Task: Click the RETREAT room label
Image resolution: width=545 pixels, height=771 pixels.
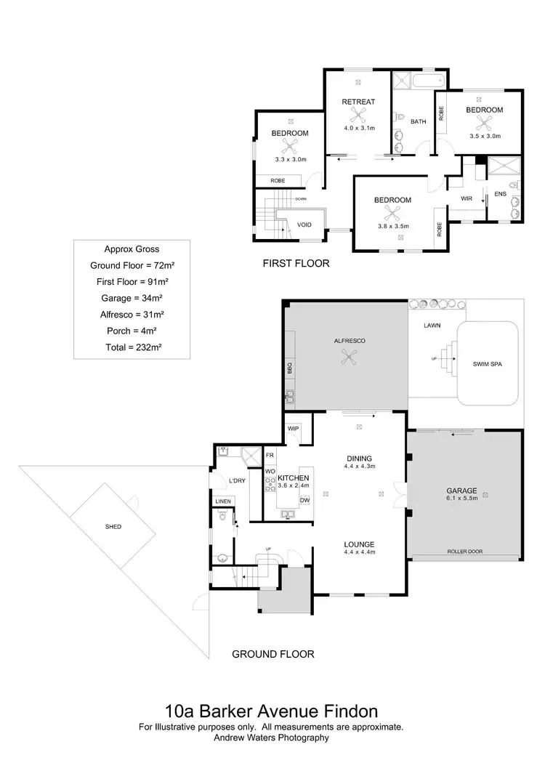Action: [358, 102]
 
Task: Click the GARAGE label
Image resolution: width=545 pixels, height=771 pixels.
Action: [461, 491]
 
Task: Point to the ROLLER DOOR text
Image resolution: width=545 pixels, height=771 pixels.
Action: [464, 552]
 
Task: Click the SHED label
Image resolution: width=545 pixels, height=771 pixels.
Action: [113, 526]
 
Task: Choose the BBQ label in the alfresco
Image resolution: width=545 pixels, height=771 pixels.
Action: [288, 367]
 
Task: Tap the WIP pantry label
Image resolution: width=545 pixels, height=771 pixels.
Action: [294, 428]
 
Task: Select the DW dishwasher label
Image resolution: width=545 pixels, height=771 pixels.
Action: [305, 500]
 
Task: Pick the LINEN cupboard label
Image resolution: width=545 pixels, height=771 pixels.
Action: [222, 501]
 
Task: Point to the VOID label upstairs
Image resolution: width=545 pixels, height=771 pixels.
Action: [304, 225]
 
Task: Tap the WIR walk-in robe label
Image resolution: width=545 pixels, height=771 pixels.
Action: [467, 198]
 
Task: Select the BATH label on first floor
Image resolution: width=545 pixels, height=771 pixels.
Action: [418, 121]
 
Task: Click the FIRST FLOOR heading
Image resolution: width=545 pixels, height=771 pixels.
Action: [296, 264]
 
